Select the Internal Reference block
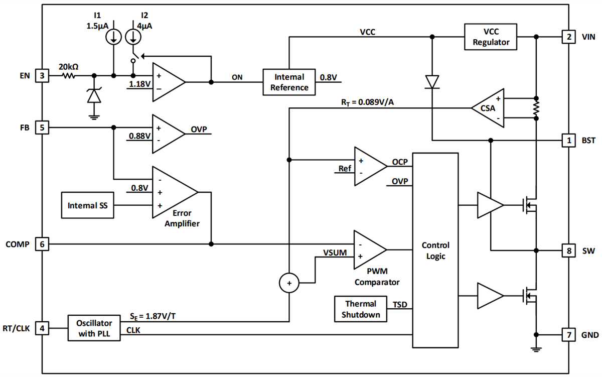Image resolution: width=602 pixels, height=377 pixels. tap(289, 82)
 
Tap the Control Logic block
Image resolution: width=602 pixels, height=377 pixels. tap(435, 250)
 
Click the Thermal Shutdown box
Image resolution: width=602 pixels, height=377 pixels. tap(360, 309)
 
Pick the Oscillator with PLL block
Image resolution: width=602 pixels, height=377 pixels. tap(94, 328)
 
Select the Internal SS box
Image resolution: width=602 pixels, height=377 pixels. tap(88, 205)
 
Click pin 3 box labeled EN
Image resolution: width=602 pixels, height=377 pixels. tap(42, 76)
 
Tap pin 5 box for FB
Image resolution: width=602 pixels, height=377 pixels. tap(42, 128)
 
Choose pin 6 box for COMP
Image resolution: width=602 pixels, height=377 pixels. tap(42, 244)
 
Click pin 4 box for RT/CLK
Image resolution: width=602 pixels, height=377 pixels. tap(42, 329)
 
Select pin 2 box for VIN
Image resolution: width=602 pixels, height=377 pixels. tap(568, 37)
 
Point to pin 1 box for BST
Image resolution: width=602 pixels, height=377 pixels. tap(568, 141)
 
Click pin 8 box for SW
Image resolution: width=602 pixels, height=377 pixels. tap(568, 250)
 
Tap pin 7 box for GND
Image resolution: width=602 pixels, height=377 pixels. tap(568, 335)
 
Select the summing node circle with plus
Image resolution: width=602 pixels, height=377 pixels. tap(289, 284)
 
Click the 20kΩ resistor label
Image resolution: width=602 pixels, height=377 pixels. tap(68, 66)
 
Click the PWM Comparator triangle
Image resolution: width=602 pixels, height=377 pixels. tap(369, 249)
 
